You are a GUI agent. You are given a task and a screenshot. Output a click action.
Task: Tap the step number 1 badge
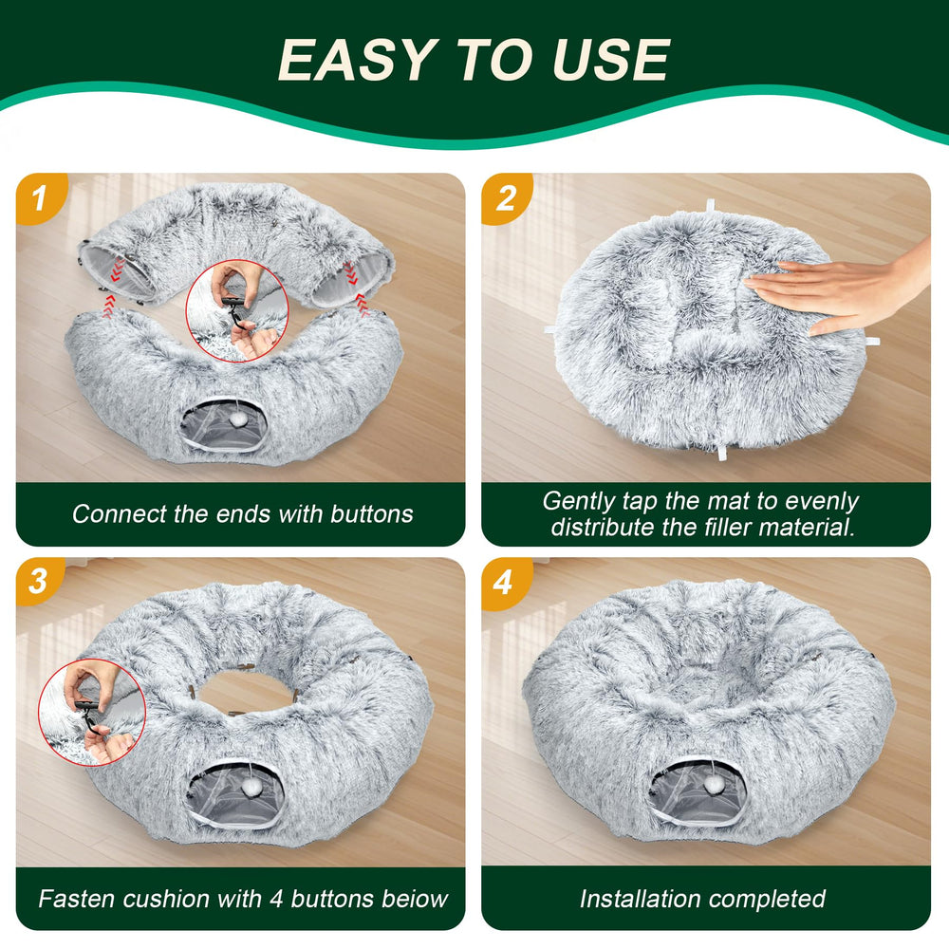[39, 198]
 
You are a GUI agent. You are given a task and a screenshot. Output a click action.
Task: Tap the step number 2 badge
[505, 198]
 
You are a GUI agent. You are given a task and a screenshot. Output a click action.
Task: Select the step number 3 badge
[39, 580]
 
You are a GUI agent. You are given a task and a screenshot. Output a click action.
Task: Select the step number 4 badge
[504, 580]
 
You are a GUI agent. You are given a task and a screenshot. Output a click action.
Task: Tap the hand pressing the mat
[835, 289]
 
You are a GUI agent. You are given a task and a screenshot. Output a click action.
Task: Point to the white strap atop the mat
[710, 207]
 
